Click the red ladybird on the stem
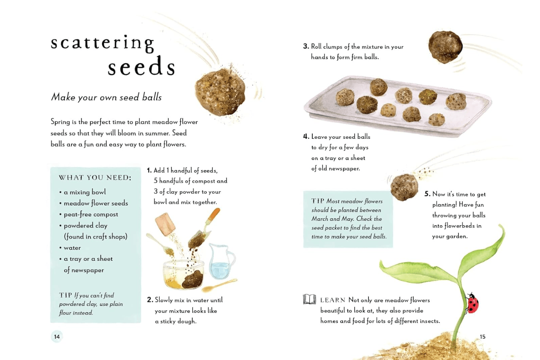pos(472,304)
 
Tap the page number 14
pos(57,336)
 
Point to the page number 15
pos(483,336)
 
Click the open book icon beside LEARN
pos(310,299)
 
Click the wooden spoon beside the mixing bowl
pos(219,285)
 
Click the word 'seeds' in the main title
pos(142,67)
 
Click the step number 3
pos(306,46)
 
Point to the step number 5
pos(427,194)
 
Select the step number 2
pos(150,300)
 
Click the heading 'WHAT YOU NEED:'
pos(95,178)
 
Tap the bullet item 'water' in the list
pos(72,248)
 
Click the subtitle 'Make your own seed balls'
pos(106,97)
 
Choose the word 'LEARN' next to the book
pos(333,300)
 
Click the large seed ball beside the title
pos(220,92)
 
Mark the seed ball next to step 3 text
pos(445,47)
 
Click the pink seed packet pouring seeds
pos(165,224)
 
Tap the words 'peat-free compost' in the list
pos(91,215)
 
